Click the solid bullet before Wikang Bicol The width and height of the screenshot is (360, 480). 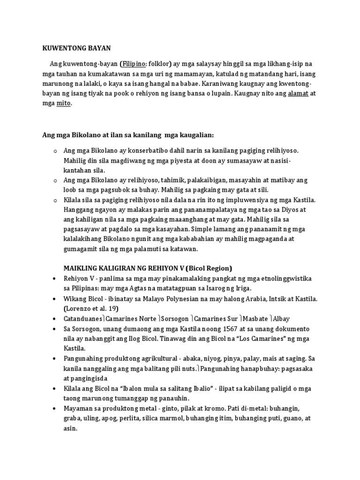pyautogui.click(x=55, y=299)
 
